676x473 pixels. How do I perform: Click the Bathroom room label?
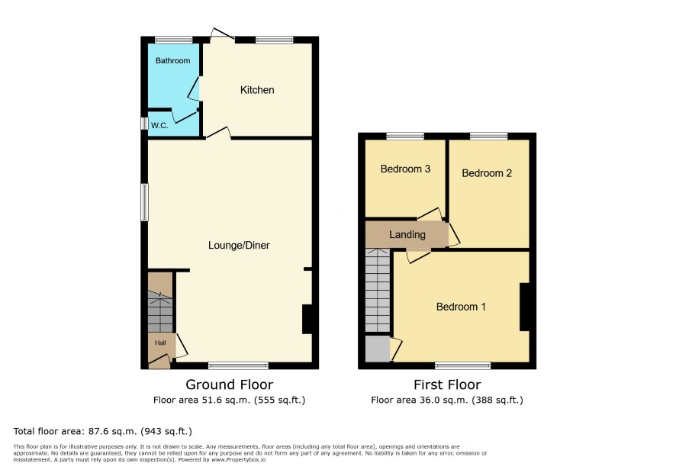[172, 61]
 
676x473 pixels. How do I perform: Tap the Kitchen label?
[257, 90]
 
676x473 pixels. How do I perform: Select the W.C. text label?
[159, 125]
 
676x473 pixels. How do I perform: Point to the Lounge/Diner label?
[239, 246]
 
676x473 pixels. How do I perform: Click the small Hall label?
[160, 343]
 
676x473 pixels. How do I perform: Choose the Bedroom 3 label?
[405, 169]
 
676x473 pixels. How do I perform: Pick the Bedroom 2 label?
[487, 173]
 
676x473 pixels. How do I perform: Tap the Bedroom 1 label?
[461, 307]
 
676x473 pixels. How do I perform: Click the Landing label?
[407, 234]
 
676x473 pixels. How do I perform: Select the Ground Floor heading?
[230, 385]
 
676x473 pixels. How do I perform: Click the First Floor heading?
[447, 385]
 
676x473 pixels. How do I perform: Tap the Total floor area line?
[102, 431]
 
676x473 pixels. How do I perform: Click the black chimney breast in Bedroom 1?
[524, 307]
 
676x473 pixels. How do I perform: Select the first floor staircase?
[378, 291]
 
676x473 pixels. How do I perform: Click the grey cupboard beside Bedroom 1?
[378, 349]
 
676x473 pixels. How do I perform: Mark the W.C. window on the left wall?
[144, 124]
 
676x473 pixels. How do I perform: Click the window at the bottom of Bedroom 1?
[463, 366]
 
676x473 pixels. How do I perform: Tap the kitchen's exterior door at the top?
[223, 35]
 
